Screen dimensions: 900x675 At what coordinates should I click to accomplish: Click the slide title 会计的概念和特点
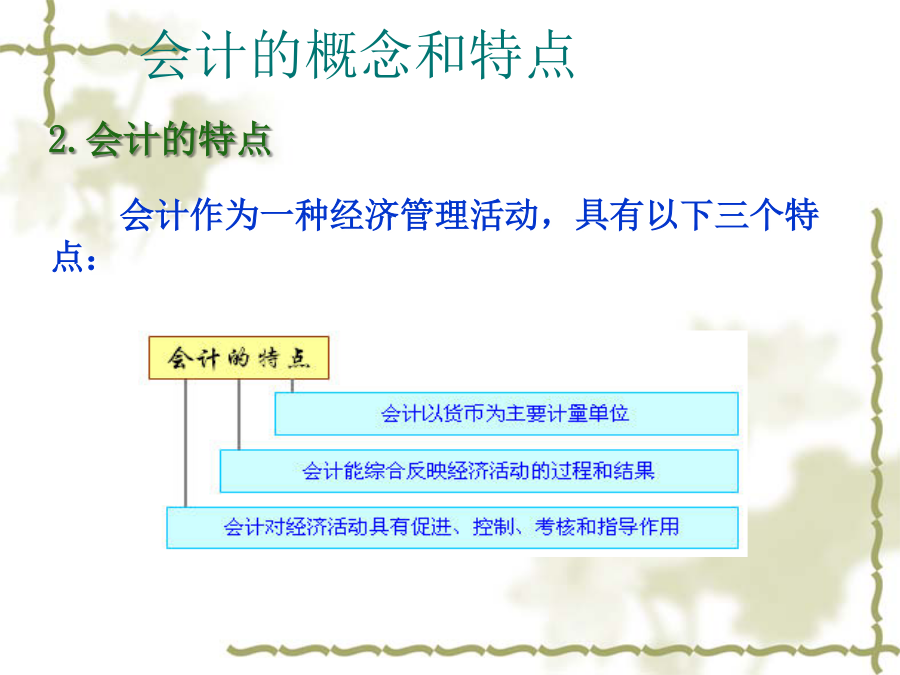[x=358, y=55]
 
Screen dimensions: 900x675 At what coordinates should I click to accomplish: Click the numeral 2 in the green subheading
[x=59, y=140]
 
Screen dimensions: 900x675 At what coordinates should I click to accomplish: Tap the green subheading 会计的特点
[x=179, y=139]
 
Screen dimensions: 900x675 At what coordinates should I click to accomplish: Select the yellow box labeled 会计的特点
[x=239, y=358]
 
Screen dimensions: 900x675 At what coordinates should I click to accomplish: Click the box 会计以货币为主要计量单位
[x=506, y=413]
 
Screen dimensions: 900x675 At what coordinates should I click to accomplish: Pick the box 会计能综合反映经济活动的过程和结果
[x=479, y=471]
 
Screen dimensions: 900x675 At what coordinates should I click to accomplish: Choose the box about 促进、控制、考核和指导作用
[x=452, y=527]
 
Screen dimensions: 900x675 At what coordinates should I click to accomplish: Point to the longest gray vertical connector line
[x=185, y=443]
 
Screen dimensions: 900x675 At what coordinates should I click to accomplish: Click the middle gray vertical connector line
[x=239, y=414]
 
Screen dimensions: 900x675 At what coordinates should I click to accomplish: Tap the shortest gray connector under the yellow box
[x=292, y=386]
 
